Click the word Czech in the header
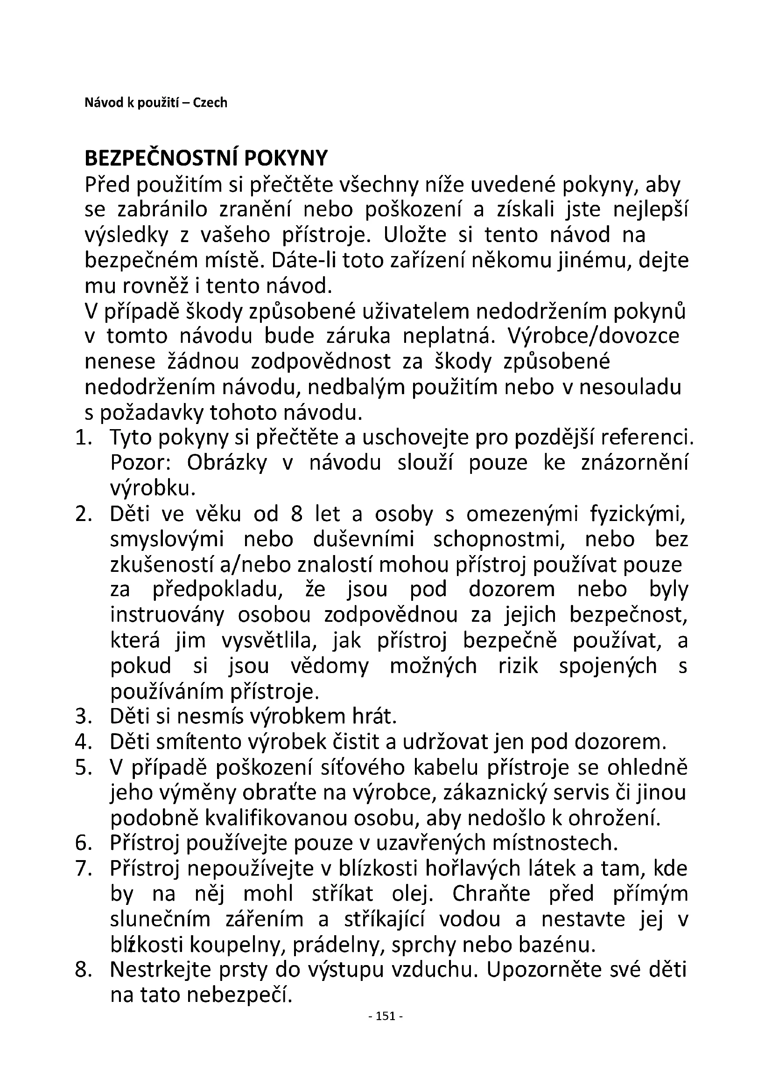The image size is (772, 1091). (x=210, y=103)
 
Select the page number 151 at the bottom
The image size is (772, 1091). (x=386, y=1016)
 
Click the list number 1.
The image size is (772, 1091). (x=83, y=438)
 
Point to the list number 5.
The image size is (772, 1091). (x=83, y=768)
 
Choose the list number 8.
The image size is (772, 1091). (x=83, y=970)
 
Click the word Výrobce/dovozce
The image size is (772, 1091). (x=593, y=336)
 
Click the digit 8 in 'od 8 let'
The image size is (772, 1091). (x=296, y=514)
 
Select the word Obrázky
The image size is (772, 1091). (x=227, y=463)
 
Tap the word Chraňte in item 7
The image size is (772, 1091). (x=491, y=894)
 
